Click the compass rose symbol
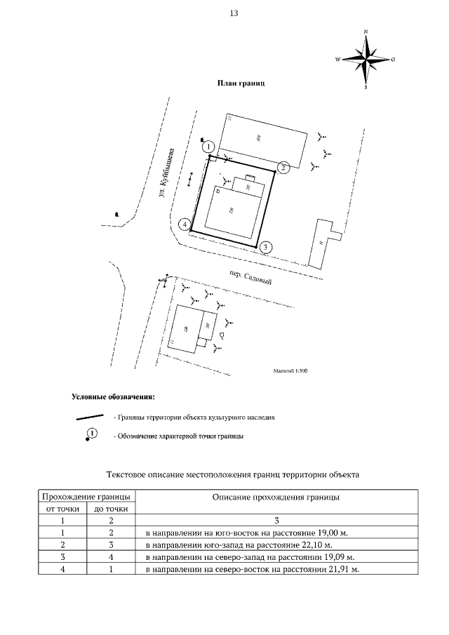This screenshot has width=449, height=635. [366, 60]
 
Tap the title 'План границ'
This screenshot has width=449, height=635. [241, 83]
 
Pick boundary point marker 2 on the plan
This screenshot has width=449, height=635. [283, 167]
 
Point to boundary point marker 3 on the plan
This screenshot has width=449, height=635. [264, 247]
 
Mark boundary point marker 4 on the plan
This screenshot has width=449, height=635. [185, 225]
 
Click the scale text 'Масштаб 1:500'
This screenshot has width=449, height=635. [290, 371]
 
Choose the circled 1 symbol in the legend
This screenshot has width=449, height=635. [93, 435]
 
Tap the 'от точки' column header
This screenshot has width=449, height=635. [63, 509]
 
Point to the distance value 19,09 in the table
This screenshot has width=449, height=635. [339, 556]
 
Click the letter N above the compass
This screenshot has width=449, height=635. [366, 32]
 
